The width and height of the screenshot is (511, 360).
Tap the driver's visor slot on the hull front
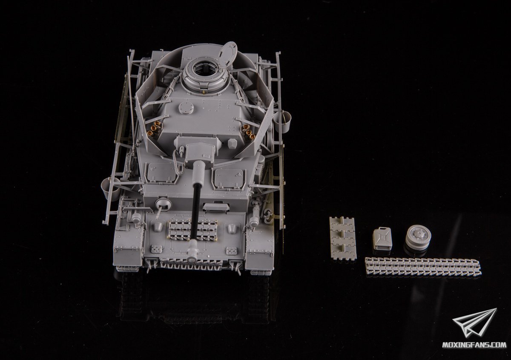[216, 207]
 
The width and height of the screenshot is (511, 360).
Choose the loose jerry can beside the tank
[382, 238]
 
